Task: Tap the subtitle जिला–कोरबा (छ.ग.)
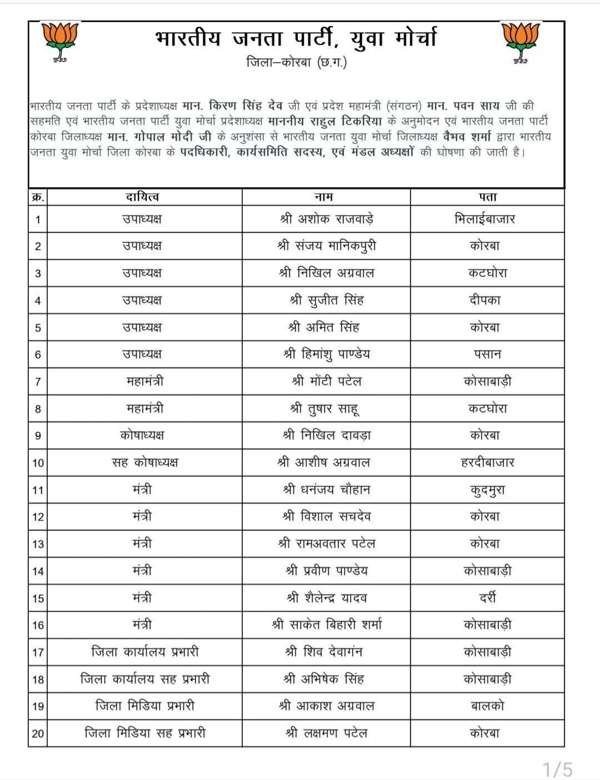[x=296, y=63]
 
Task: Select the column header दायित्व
[x=142, y=197]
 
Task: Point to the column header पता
[x=487, y=197]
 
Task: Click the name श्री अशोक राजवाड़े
[x=326, y=219]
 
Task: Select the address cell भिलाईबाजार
[x=484, y=219]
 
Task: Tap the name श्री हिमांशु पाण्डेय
[x=326, y=354]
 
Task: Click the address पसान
[x=487, y=354]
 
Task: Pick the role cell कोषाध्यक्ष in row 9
[x=142, y=435]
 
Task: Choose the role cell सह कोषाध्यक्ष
[x=144, y=463]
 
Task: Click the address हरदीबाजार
[x=487, y=463]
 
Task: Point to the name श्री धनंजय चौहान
[x=326, y=490]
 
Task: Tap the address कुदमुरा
[x=487, y=490]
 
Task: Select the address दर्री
[x=487, y=598]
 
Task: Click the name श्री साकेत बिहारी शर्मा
[x=326, y=625]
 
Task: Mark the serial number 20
[x=38, y=733]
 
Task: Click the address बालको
[x=487, y=706]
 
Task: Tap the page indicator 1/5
[x=557, y=769]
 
